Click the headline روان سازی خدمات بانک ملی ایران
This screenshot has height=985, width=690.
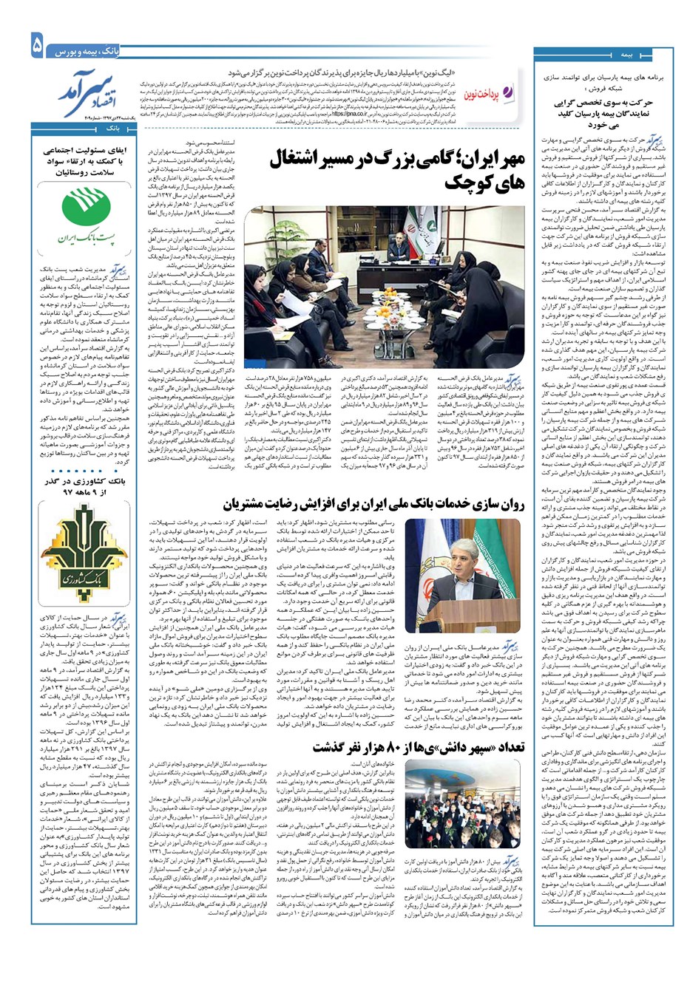373,505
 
